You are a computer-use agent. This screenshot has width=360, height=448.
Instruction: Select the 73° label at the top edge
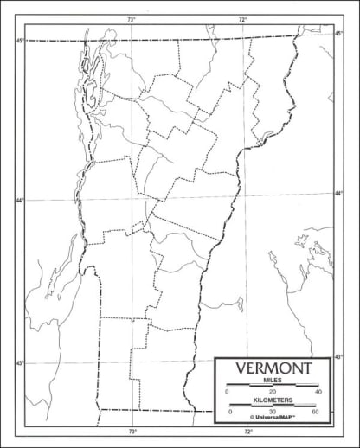132,19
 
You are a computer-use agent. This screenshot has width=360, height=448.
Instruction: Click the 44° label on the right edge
338,194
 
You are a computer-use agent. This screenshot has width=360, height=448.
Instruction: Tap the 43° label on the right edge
338,356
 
